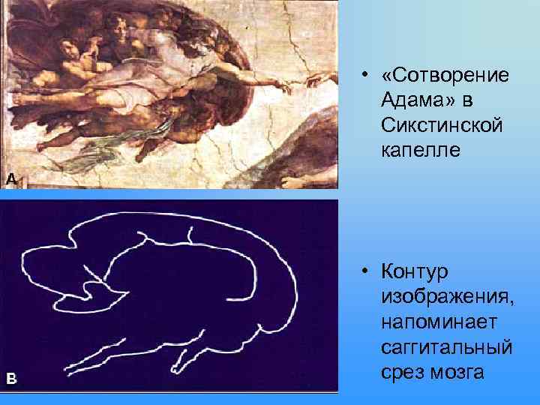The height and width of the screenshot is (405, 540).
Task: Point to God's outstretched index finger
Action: pos(300,80)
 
